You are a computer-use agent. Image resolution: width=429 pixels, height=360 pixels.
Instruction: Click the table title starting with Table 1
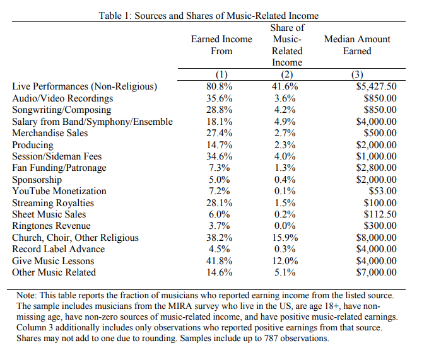click(209, 15)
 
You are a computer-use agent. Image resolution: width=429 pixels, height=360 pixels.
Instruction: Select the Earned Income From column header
click(221, 45)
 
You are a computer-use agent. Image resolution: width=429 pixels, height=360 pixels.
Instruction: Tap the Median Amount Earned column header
click(356, 45)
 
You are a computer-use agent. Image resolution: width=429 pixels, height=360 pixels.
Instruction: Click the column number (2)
click(286, 74)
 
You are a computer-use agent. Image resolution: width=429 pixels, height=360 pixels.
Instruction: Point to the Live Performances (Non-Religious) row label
click(85, 86)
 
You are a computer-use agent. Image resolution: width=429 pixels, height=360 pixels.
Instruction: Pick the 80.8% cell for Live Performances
click(221, 86)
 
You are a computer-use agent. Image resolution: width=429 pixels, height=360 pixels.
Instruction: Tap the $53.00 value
click(382, 191)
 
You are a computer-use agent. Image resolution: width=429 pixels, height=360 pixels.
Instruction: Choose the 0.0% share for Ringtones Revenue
click(286, 226)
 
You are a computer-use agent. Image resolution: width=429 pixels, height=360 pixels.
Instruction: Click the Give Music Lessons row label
click(53, 261)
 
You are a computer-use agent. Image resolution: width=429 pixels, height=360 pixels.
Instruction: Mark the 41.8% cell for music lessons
click(221, 261)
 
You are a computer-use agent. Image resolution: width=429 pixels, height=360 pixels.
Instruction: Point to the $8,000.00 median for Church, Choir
click(376, 238)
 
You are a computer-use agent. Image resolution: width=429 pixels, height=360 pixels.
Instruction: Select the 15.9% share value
click(286, 238)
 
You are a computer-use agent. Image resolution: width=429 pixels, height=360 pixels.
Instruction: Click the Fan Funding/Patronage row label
click(59, 168)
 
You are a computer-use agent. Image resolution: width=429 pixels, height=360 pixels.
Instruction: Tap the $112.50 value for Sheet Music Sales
click(380, 214)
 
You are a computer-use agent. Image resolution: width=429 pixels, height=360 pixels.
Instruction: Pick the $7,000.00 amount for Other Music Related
click(376, 272)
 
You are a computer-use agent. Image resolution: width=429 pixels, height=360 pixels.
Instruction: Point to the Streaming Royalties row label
click(53, 203)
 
